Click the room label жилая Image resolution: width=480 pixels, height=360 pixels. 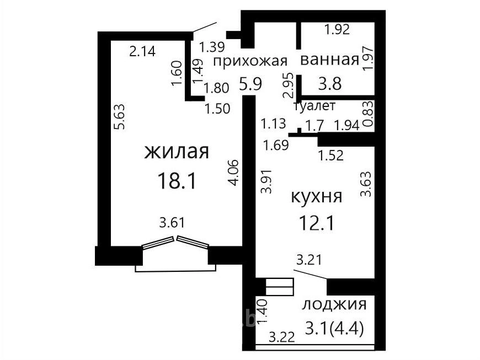177,152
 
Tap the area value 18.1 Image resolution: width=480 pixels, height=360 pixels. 177,180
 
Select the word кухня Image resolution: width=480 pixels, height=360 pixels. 316,197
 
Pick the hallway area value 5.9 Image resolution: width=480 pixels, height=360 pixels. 250,84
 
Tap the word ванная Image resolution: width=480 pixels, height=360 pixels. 330,60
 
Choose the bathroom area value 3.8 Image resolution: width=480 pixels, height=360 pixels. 330,83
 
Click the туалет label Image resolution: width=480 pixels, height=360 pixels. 314,106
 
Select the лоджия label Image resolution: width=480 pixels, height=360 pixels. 334,305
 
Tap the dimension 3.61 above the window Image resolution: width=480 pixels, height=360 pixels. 172,222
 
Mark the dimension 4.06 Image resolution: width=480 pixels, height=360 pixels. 233,173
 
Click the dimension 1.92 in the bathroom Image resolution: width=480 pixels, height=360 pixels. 337,29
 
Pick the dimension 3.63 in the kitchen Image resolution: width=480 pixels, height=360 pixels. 366,184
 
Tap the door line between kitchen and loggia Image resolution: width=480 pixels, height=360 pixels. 310,275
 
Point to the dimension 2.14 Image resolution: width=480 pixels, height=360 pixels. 142,51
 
